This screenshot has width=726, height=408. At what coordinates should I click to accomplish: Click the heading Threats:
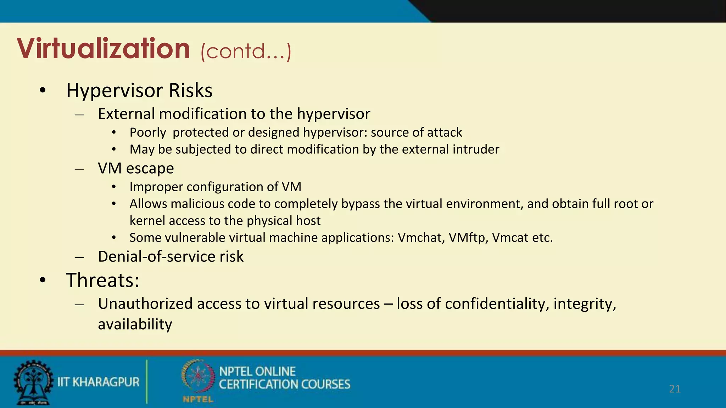tap(102, 280)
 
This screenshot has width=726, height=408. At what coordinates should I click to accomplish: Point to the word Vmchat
tap(421, 238)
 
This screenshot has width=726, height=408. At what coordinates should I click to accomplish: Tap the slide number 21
tap(675, 389)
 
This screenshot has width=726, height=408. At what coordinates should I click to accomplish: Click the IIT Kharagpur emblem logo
tap(33, 382)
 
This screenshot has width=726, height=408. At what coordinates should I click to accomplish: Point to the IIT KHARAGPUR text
tap(99, 382)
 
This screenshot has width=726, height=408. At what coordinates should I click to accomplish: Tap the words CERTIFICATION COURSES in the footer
tap(284, 384)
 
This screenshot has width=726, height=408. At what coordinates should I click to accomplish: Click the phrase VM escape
tap(136, 168)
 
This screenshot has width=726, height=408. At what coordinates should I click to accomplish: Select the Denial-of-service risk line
tap(171, 256)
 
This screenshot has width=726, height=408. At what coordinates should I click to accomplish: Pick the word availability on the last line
tap(135, 324)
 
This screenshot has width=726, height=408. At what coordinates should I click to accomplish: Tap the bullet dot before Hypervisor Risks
tap(43, 91)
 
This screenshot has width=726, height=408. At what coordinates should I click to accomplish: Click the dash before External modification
tap(79, 114)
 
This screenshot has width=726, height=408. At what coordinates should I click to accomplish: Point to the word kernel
tap(147, 221)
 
